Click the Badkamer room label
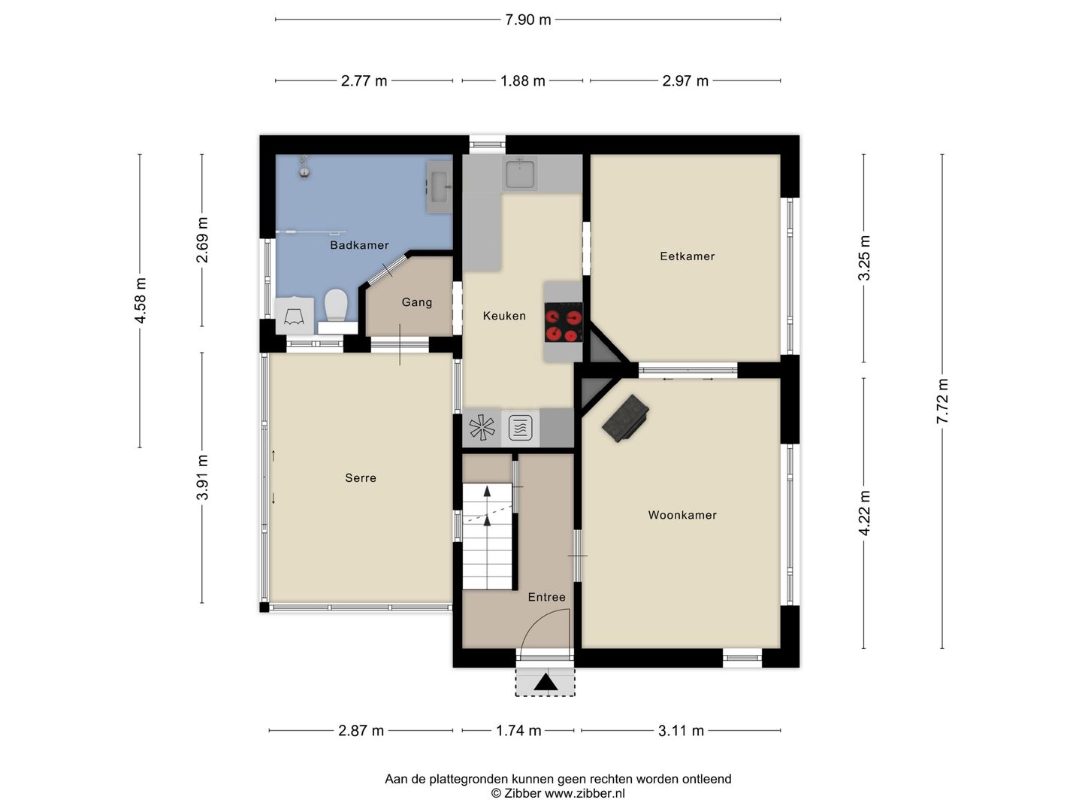point(359,245)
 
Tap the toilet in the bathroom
point(337,306)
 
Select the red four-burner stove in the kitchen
point(564,322)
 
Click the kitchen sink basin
point(519,174)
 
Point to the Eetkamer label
point(688,256)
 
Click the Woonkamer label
point(682,515)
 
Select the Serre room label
point(361,477)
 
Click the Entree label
point(547,597)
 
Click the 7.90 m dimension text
point(528,20)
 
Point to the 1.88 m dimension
point(522,81)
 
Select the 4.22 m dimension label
point(864,514)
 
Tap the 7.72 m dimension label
point(942,401)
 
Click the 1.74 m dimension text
point(518,731)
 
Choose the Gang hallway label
point(416,302)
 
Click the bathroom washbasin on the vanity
point(440,187)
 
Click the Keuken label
point(504,316)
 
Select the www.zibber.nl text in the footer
point(585,793)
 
